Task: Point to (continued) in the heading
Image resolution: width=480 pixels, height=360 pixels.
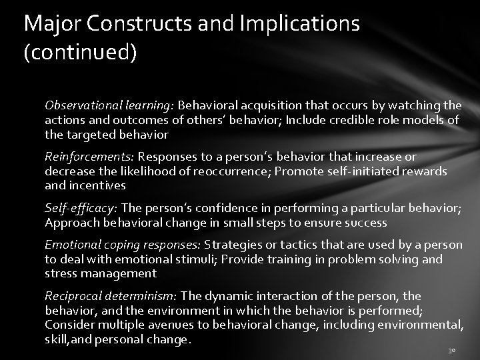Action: click(80, 53)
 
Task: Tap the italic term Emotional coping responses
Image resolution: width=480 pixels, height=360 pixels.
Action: click(123, 244)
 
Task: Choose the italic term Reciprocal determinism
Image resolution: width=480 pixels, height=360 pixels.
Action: click(109, 295)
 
